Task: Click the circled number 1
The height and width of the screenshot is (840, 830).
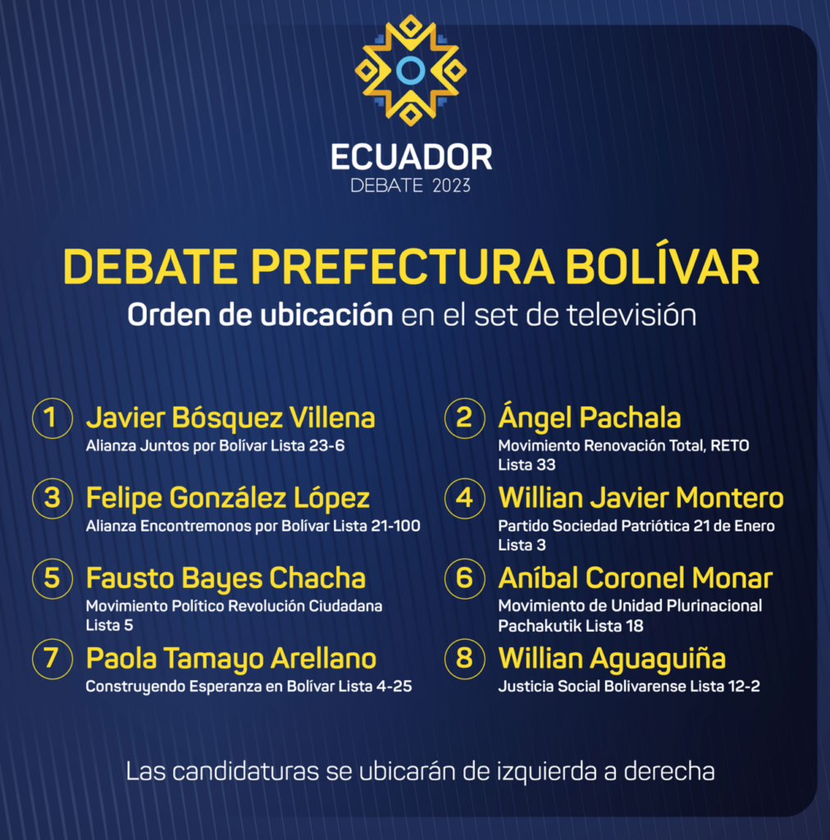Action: tap(52, 418)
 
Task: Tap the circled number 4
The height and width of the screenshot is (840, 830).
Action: tap(464, 498)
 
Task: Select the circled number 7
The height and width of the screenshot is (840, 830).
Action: tap(52, 659)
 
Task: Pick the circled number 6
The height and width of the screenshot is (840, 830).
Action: tap(464, 578)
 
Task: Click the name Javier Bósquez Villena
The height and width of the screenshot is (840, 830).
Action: tap(230, 418)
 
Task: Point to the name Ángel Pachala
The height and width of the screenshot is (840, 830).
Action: tap(589, 417)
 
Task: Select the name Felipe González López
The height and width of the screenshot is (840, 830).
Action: tap(227, 498)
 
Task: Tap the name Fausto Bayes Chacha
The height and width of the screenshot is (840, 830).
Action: tap(226, 578)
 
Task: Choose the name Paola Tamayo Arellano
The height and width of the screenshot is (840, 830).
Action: tap(230, 659)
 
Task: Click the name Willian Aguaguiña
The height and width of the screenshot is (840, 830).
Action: tap(612, 659)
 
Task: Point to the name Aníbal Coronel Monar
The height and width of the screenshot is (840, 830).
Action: tap(635, 578)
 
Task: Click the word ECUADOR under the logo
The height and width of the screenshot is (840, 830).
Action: tap(411, 157)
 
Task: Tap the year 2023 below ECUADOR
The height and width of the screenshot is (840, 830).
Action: tap(451, 186)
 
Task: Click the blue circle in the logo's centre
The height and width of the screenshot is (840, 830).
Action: tap(411, 71)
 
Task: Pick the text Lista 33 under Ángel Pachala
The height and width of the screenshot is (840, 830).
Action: tap(527, 464)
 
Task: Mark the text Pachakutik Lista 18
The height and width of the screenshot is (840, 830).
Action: tap(571, 625)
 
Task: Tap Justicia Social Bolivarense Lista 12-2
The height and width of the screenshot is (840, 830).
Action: tap(629, 687)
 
